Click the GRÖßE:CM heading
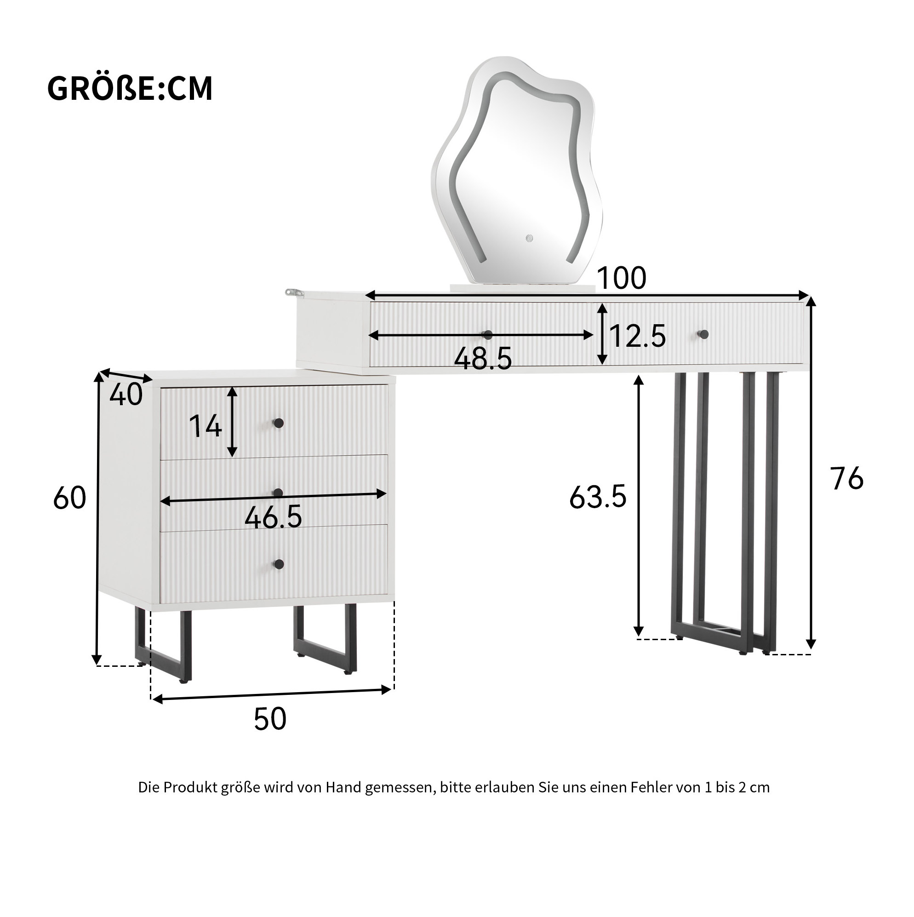click(x=130, y=89)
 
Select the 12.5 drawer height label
click(x=638, y=336)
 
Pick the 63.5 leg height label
click(x=598, y=497)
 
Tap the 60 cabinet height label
click(x=70, y=498)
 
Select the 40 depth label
click(x=126, y=395)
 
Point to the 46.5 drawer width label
click(x=274, y=517)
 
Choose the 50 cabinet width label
click(x=270, y=719)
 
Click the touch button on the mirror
click(x=529, y=238)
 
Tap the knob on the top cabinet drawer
click(x=279, y=423)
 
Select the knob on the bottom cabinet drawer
click(x=279, y=564)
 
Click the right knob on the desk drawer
click(x=704, y=335)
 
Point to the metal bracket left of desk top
click(x=294, y=293)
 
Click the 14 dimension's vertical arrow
click(x=232, y=421)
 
